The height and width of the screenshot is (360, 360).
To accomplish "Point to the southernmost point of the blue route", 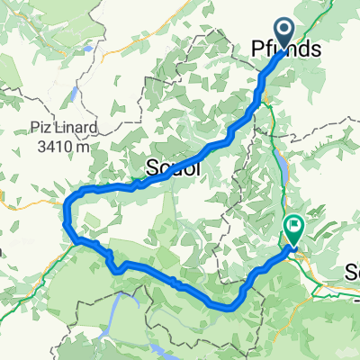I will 225,307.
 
